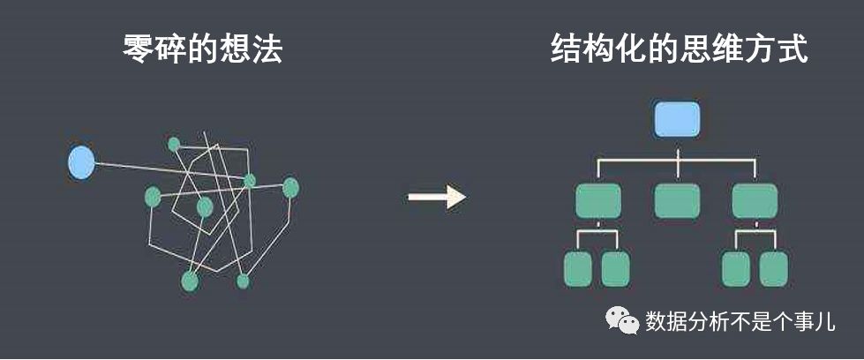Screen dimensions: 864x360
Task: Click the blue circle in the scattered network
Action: (x=81, y=162)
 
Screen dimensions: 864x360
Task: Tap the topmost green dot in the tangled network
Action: (x=174, y=144)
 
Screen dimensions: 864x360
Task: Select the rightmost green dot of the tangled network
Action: (x=290, y=187)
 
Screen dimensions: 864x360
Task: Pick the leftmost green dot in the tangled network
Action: (x=153, y=196)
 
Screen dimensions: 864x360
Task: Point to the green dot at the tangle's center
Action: (x=205, y=207)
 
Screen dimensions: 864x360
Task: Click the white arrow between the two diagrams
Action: (x=437, y=196)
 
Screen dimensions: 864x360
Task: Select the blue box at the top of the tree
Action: (x=677, y=119)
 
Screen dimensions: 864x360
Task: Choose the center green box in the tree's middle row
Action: (x=677, y=200)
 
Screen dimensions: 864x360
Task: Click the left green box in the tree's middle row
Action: (x=597, y=200)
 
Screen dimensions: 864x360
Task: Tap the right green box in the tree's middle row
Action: (x=755, y=200)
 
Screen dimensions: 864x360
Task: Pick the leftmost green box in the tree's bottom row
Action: (x=577, y=269)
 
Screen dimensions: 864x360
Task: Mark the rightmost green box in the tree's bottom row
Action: (x=773, y=269)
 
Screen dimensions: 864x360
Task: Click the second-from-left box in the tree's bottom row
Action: (x=615, y=269)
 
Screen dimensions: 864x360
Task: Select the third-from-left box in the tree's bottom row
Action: (x=735, y=269)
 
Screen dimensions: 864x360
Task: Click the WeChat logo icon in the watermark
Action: (x=625, y=321)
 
